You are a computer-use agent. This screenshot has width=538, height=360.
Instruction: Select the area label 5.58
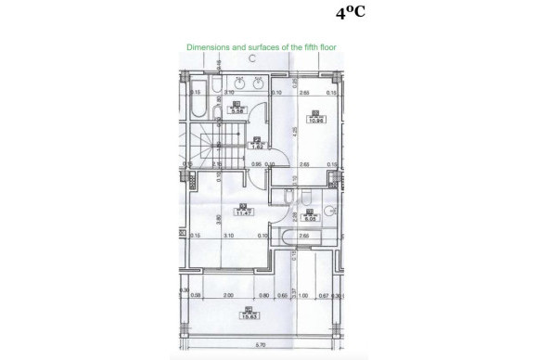click(x=237, y=110)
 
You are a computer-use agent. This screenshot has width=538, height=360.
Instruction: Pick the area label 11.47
click(x=244, y=213)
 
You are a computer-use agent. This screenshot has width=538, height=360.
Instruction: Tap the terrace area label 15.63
click(x=249, y=316)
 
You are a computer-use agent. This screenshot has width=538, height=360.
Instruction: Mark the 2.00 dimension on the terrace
click(x=228, y=295)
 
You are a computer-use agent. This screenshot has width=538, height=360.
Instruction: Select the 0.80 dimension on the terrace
click(x=264, y=295)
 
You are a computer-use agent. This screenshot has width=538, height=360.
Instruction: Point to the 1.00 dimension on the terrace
click(x=302, y=295)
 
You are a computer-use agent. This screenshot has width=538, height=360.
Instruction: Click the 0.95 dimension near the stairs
click(x=255, y=164)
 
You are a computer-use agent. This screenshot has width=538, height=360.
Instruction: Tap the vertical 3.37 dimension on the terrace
click(x=288, y=294)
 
